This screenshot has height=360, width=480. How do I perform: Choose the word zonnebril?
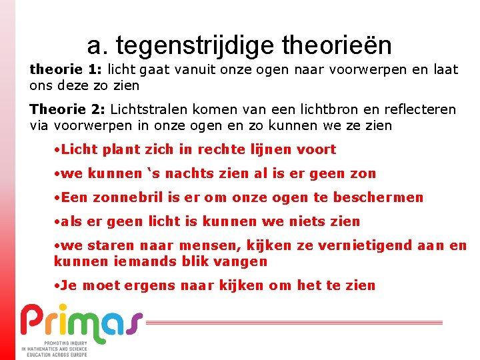tap(124, 197)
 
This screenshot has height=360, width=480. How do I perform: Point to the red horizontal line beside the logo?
tap(293, 322)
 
